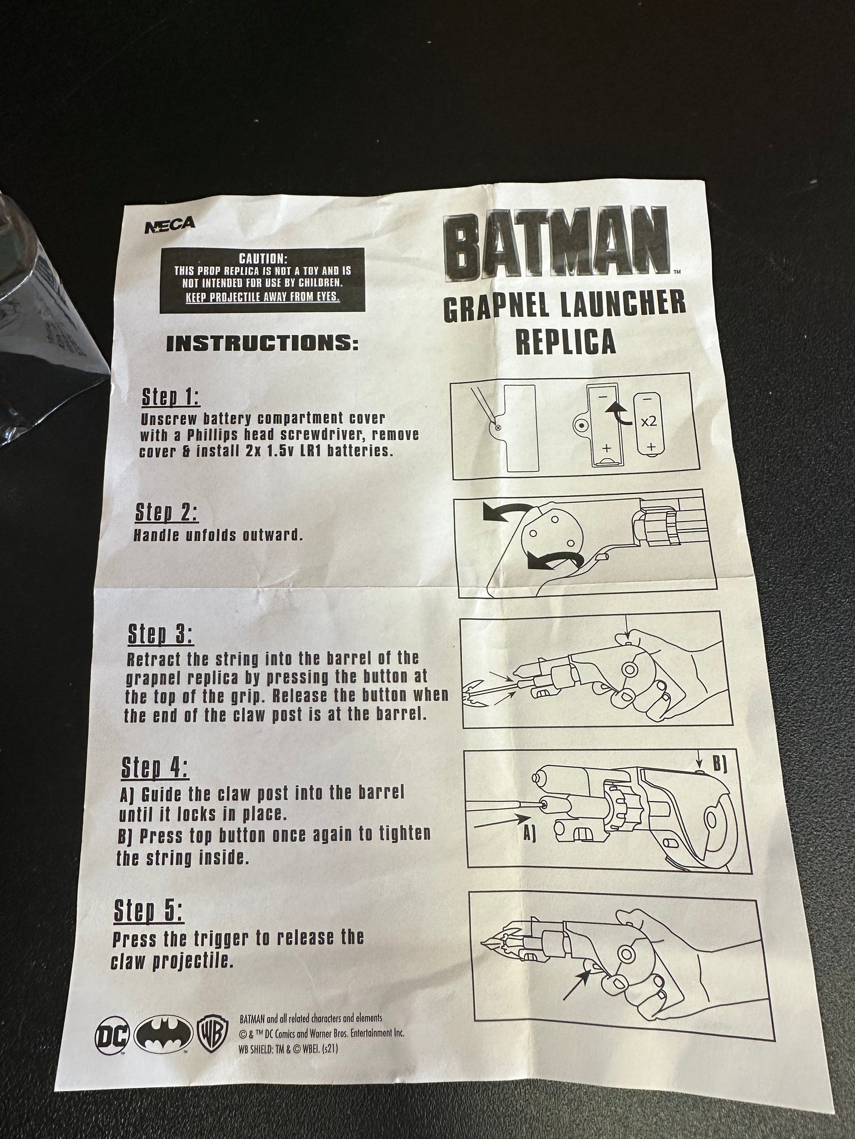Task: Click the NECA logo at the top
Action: click(x=170, y=224)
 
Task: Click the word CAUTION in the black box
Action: click(x=263, y=259)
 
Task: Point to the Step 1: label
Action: click(x=170, y=398)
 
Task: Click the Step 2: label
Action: click(x=166, y=513)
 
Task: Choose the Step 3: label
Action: click(x=160, y=635)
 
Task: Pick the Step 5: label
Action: click(x=148, y=911)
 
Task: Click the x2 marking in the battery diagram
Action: click(x=648, y=421)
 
